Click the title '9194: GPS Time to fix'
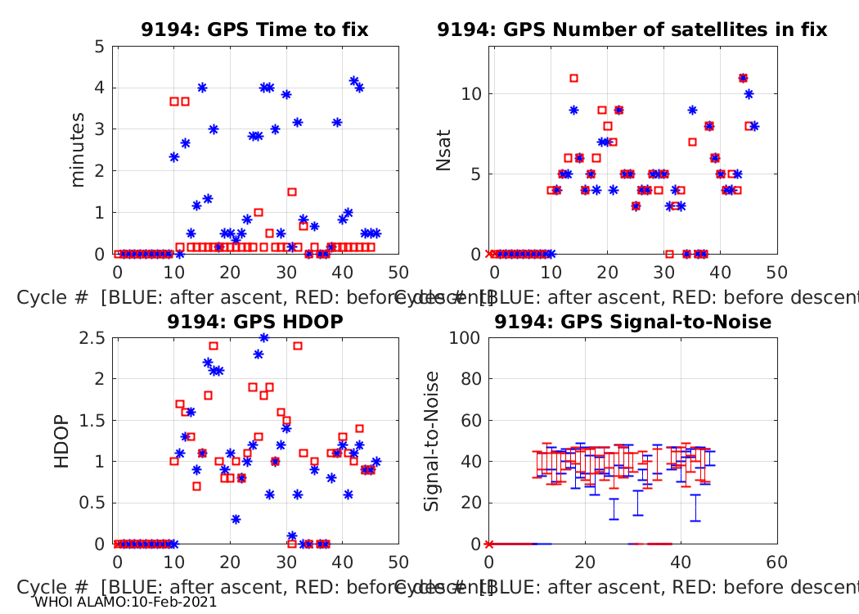254,30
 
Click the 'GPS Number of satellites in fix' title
632,30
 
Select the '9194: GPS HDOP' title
254,323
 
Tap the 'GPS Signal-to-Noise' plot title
632,323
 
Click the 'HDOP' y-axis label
62,442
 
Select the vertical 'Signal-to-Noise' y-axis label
432,442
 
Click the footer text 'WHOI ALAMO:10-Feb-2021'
126,602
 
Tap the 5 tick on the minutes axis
99,47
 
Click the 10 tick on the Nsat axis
470,94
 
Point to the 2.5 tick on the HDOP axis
92,338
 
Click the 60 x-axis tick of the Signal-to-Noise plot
777,563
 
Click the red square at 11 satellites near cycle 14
573,79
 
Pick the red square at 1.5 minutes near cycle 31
292,192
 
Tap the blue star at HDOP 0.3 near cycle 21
236,519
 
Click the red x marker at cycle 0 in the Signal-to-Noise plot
489,544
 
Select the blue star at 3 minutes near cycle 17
214,129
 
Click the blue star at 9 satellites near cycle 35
692,110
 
